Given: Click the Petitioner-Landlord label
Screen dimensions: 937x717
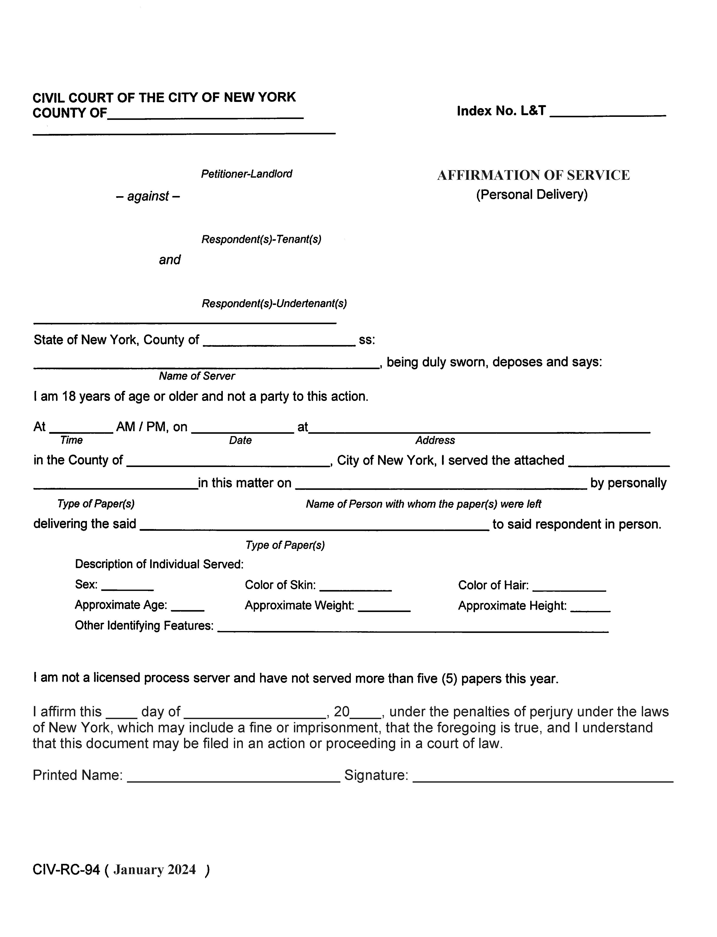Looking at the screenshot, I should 247,174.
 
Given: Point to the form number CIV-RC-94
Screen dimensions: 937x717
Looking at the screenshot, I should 66,870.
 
